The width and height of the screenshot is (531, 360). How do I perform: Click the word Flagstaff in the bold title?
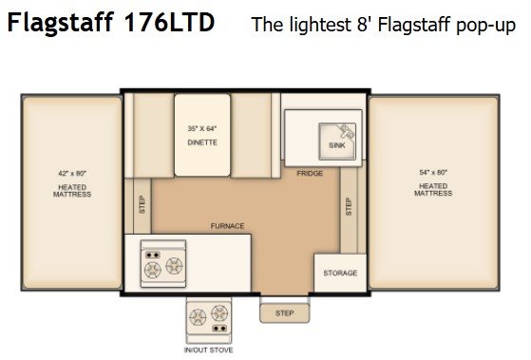coord(60,23)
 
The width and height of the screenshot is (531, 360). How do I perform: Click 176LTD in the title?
coord(169,23)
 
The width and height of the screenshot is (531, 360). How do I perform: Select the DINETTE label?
coord(202,142)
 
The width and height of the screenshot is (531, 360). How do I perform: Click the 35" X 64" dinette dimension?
coord(202,128)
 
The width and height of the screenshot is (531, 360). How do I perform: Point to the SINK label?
coord(337,145)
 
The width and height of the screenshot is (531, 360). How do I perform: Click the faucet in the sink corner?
coord(347,130)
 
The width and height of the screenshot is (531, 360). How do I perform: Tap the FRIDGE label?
coord(310,174)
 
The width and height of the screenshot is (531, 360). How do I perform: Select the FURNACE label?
coord(227,226)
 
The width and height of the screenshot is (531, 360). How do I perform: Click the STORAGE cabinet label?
coord(340,273)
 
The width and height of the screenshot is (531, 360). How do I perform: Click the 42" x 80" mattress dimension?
coord(72,174)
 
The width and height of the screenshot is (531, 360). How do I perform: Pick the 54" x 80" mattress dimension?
coord(433,172)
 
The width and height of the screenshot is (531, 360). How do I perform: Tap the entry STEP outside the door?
coord(284,313)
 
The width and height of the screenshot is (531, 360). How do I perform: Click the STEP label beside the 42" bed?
coord(142,204)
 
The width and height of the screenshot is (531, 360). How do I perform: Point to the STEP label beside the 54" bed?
coord(349,206)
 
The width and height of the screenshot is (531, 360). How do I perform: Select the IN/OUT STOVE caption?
coord(208,351)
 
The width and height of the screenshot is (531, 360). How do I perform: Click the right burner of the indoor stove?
coord(175,266)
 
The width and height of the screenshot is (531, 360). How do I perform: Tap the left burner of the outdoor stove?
coord(198,317)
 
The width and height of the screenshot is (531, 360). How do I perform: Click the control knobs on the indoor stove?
coord(152,255)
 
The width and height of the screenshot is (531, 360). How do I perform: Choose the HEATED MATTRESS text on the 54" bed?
coord(433,190)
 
